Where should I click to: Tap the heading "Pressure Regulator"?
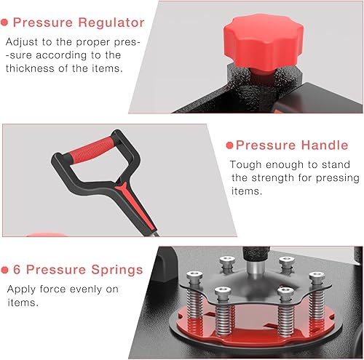81,23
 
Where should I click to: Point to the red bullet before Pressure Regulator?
8,23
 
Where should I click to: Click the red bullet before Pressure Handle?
229,145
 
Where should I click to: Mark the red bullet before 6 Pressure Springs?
8,270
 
